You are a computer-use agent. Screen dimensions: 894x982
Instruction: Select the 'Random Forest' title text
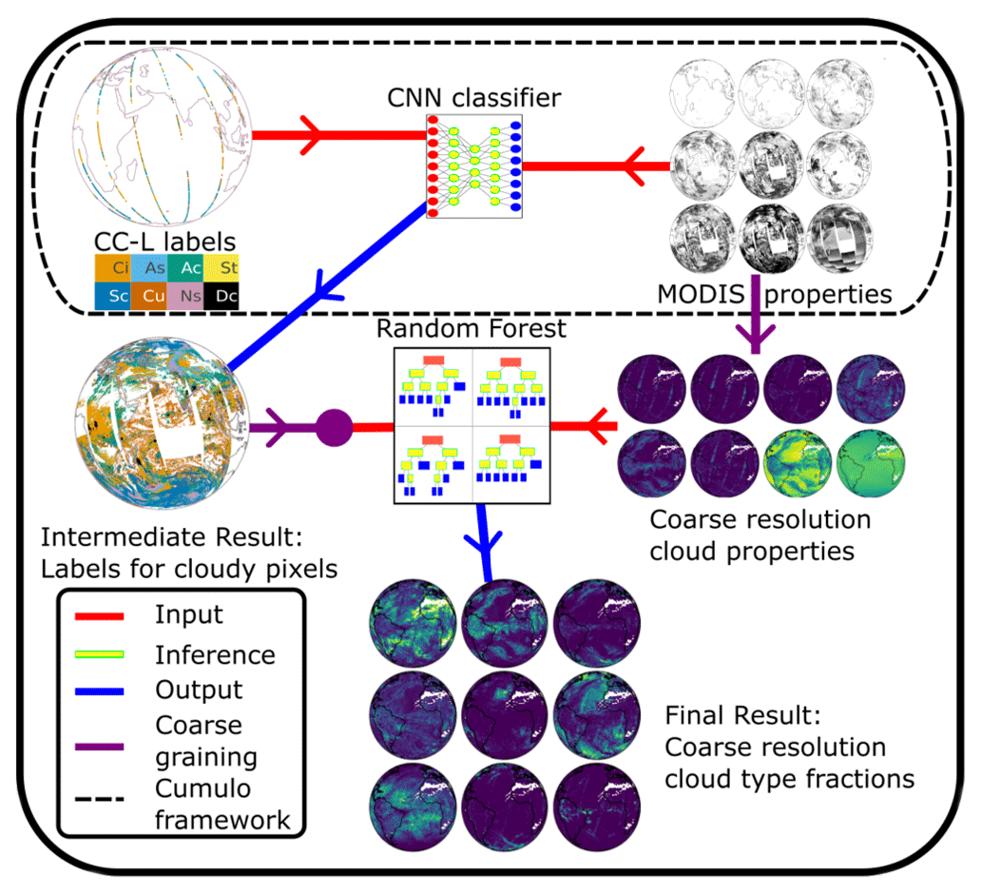tap(472, 329)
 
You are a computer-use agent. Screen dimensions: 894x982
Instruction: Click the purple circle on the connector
tap(334, 427)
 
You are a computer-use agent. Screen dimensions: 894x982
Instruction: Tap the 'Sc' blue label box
tap(111, 297)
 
